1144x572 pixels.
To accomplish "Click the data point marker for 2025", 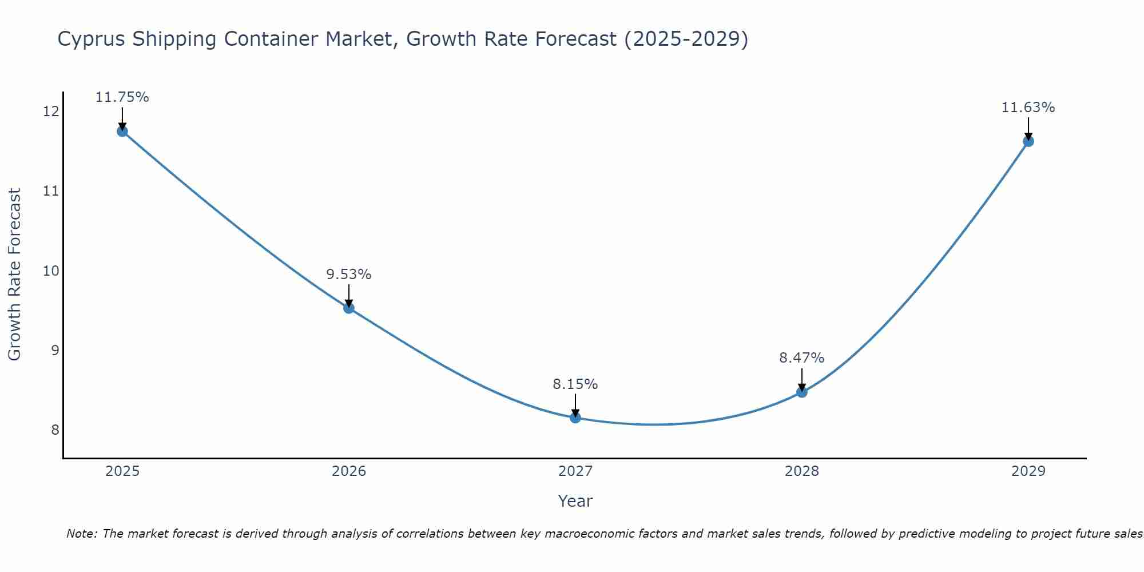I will point(122,131).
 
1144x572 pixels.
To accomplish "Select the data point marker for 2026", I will point(349,308).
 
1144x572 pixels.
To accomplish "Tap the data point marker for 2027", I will point(575,418).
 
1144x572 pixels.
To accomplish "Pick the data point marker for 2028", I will point(802,392).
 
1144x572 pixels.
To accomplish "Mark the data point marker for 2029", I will point(1028,141).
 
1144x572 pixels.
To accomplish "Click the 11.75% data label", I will point(122,97).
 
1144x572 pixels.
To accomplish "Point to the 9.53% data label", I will point(349,275).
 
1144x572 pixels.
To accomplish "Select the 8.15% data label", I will point(575,384).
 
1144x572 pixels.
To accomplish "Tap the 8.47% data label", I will point(802,358).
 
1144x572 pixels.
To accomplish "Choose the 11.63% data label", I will point(1028,108).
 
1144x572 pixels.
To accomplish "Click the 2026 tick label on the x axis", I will point(349,471).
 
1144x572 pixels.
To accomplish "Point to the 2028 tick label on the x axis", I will point(802,471).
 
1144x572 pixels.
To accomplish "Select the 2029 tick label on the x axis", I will point(1028,471).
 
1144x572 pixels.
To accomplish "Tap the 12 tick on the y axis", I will point(51,111).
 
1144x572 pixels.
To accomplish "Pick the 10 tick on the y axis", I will point(51,271).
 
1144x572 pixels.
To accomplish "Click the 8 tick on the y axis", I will point(55,430).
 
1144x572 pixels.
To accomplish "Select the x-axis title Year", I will point(575,501).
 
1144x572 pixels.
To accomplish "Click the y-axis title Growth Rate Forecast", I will point(14,275).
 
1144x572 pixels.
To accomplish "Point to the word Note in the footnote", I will point(82,534).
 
